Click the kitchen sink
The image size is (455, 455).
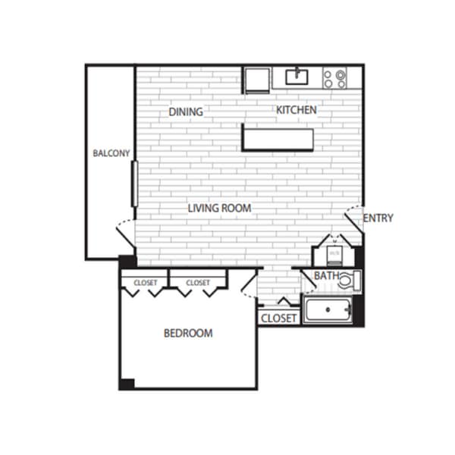[x=297, y=77]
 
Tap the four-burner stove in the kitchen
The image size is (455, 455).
[x=334, y=78]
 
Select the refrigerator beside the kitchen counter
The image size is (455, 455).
[x=255, y=79]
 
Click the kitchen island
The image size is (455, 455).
[x=278, y=138]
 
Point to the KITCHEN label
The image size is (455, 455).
[x=296, y=110]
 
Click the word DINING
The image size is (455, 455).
[x=186, y=112]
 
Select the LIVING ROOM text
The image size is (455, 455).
[x=219, y=208]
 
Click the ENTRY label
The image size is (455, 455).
[x=378, y=218]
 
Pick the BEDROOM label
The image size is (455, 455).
[x=188, y=333]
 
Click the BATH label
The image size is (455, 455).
[x=326, y=276]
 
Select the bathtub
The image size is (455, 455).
[x=328, y=310]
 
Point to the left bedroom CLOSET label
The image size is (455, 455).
[x=145, y=283]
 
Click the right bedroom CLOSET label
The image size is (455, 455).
[x=197, y=283]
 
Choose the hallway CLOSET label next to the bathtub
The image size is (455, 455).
[x=278, y=318]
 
